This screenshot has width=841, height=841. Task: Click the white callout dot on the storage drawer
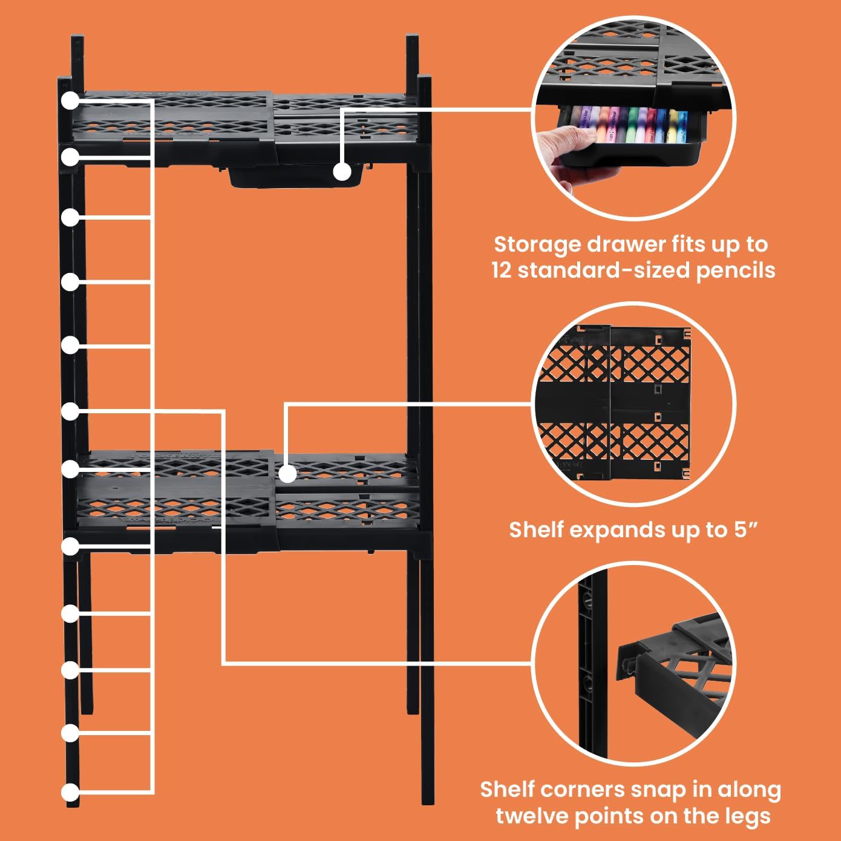coord(342,171)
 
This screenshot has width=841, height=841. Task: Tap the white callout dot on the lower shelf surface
coord(287,474)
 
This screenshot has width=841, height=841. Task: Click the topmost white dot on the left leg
coord(70,100)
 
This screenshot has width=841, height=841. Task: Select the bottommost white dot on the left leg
coord(70,792)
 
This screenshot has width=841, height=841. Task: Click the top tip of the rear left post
coord(77,37)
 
